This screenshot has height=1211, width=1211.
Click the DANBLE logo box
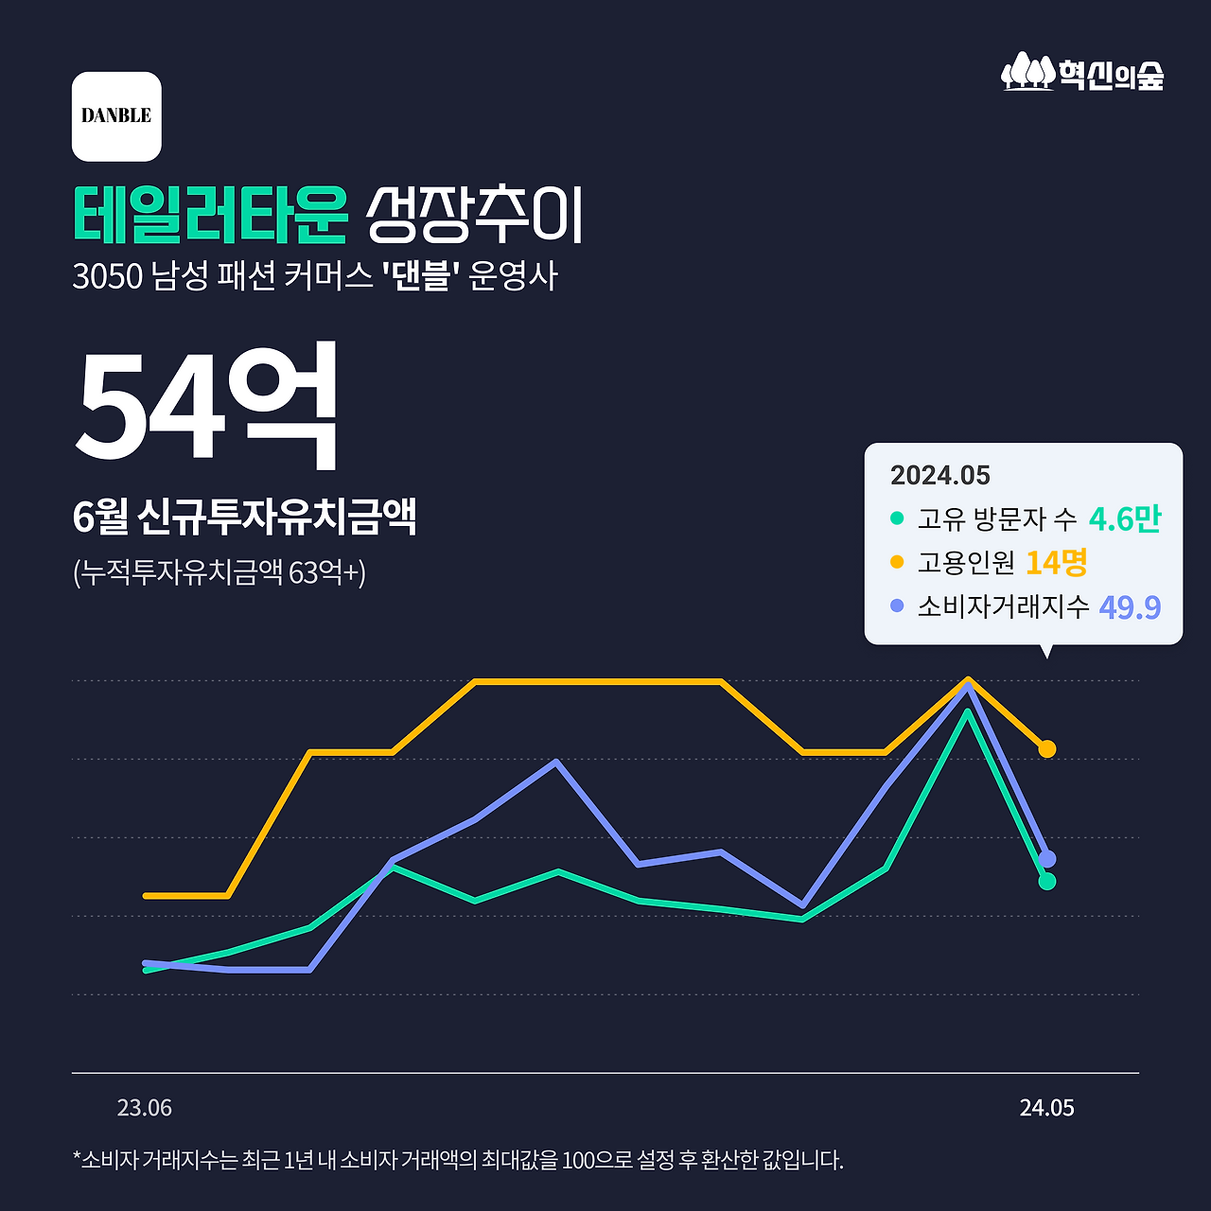coord(116,116)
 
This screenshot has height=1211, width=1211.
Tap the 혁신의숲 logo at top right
coord(1082,73)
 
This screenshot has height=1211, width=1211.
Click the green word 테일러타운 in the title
coord(210,216)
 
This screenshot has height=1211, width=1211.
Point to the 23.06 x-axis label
coord(145,1108)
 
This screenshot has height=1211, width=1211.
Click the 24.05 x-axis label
coord(1046,1108)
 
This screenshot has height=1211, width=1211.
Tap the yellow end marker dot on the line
coord(1046,749)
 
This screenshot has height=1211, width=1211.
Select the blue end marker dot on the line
coord(1046,859)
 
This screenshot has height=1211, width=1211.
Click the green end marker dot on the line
coord(1046,882)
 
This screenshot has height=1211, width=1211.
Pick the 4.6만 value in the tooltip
coord(1124,518)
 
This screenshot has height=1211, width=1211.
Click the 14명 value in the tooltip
coord(1056,562)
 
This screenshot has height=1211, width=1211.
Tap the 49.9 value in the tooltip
coord(1130,606)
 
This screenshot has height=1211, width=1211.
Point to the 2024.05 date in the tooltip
coord(939,475)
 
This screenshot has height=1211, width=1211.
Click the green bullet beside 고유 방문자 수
coord(897,518)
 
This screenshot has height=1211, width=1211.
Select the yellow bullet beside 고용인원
coord(897,562)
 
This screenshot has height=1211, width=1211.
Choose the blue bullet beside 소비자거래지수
coord(897,605)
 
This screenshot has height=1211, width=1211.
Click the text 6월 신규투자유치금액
coord(244,517)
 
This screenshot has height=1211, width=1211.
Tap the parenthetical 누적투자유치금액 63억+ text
coord(219,572)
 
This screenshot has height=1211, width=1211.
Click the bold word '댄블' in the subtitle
coord(420,276)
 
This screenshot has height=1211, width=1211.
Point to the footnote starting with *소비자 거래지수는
coord(457,1160)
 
